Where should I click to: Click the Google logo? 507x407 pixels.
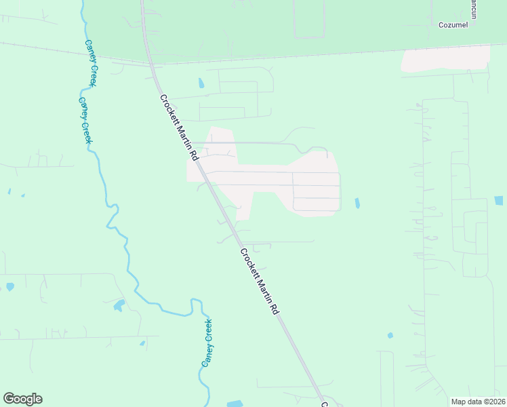(x=22, y=399)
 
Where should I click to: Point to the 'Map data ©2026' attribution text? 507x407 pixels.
(x=477, y=402)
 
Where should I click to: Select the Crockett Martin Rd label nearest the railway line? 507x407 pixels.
(x=179, y=127)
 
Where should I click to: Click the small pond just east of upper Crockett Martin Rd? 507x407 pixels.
(x=201, y=84)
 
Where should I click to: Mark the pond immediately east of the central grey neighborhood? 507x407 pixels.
(x=357, y=203)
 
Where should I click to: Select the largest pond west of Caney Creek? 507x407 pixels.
(x=119, y=305)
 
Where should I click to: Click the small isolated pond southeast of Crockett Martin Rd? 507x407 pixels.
(x=390, y=335)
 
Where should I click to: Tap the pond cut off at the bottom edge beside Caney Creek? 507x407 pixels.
(x=235, y=404)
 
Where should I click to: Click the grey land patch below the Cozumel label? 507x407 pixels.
(x=445, y=59)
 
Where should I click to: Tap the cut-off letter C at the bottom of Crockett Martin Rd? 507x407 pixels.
(x=324, y=404)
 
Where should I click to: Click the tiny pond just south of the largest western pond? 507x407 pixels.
(x=142, y=343)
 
